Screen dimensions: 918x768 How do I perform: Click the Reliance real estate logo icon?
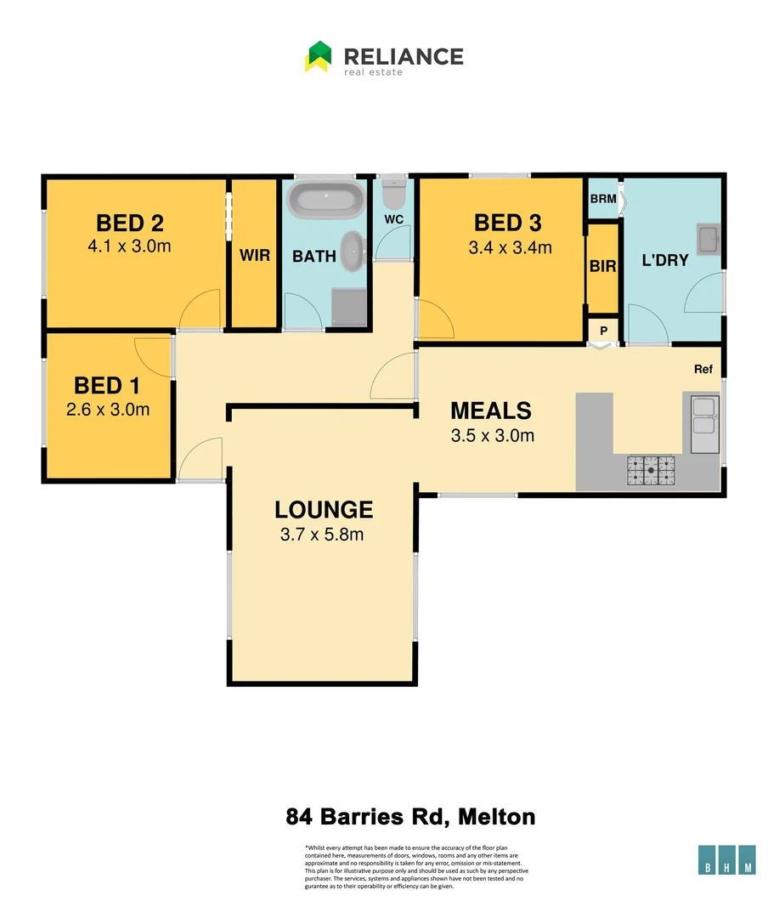coord(318,57)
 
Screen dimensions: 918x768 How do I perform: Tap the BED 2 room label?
coord(129,224)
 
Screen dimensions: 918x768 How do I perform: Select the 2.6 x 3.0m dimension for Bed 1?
coord(107,409)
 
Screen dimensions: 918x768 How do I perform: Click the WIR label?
coord(254,255)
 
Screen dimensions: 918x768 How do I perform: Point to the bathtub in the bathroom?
coord(326,201)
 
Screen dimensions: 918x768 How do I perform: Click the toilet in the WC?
coord(393,195)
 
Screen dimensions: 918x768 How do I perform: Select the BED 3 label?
coord(507,224)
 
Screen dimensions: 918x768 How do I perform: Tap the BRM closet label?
coord(602,198)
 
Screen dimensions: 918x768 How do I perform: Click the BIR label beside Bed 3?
coord(602,266)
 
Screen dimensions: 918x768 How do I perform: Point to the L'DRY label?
coord(665,261)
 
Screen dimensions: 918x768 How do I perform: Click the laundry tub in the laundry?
coord(708,239)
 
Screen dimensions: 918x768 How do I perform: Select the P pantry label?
coord(603,331)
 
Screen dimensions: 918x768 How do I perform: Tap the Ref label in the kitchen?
coord(703,370)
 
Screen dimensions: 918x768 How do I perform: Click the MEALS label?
coord(490,411)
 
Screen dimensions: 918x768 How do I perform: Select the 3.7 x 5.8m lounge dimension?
coord(322,535)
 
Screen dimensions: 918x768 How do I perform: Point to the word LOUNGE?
coord(323,510)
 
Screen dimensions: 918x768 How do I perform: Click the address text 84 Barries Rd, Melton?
coord(409,818)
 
